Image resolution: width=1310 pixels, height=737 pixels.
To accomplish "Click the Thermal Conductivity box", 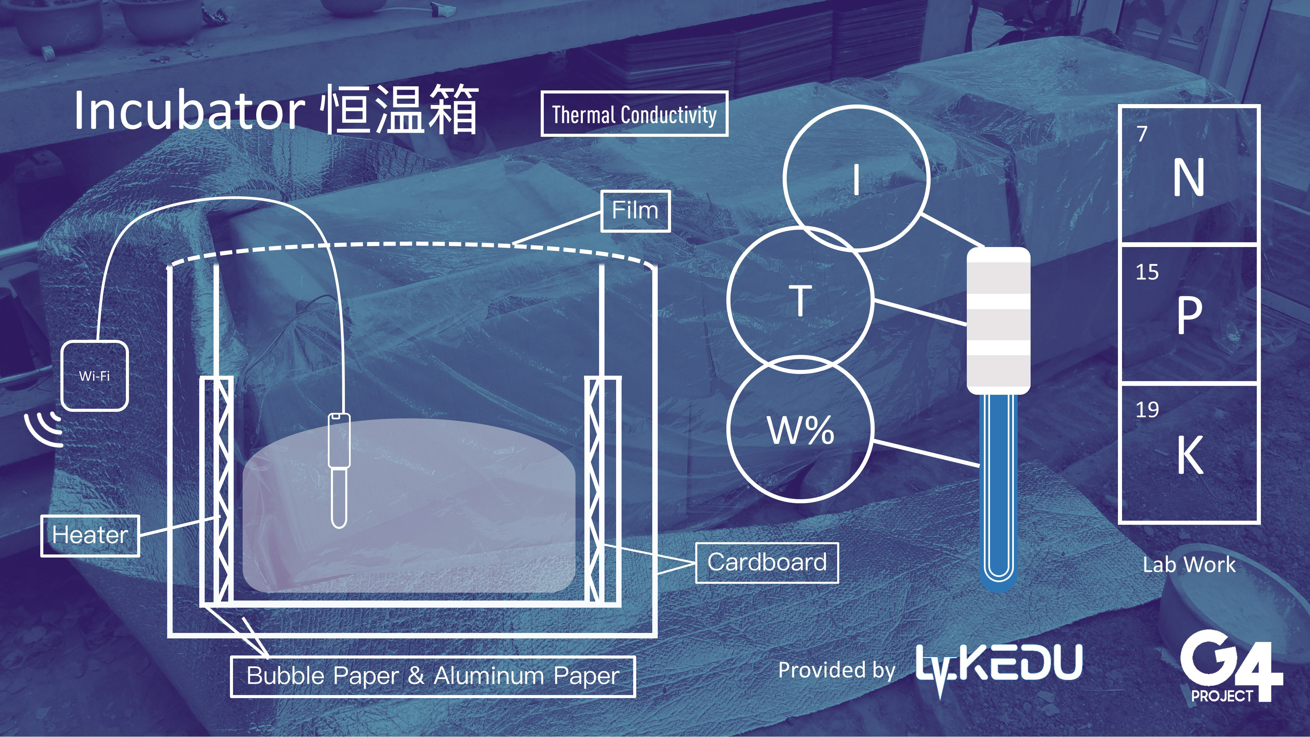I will (634, 114).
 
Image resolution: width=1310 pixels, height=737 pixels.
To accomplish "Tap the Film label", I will (635, 211).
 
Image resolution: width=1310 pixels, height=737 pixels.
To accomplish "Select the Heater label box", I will (90, 536).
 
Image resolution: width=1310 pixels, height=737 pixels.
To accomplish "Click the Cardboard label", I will (766, 563).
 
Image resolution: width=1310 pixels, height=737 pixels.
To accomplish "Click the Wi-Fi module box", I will (94, 376).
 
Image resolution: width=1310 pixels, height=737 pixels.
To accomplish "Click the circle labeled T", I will (800, 300).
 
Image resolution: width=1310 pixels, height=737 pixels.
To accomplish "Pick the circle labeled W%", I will (800, 430).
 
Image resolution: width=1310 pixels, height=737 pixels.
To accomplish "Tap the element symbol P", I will (1189, 315).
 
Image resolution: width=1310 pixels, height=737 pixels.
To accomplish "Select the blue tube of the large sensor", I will (998, 488).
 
